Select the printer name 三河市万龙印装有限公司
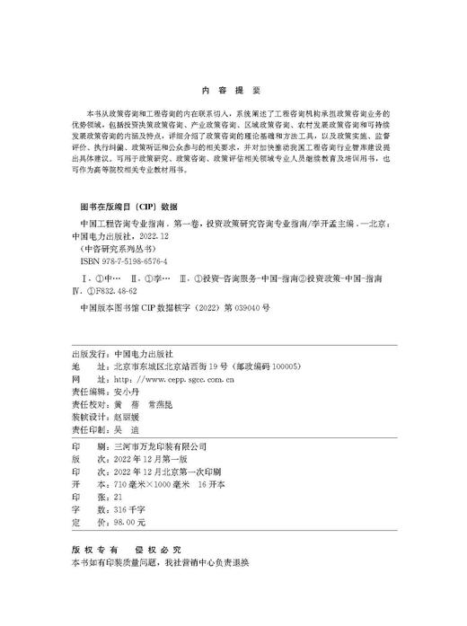click(x=159, y=445)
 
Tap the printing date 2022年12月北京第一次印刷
click(x=167, y=471)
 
